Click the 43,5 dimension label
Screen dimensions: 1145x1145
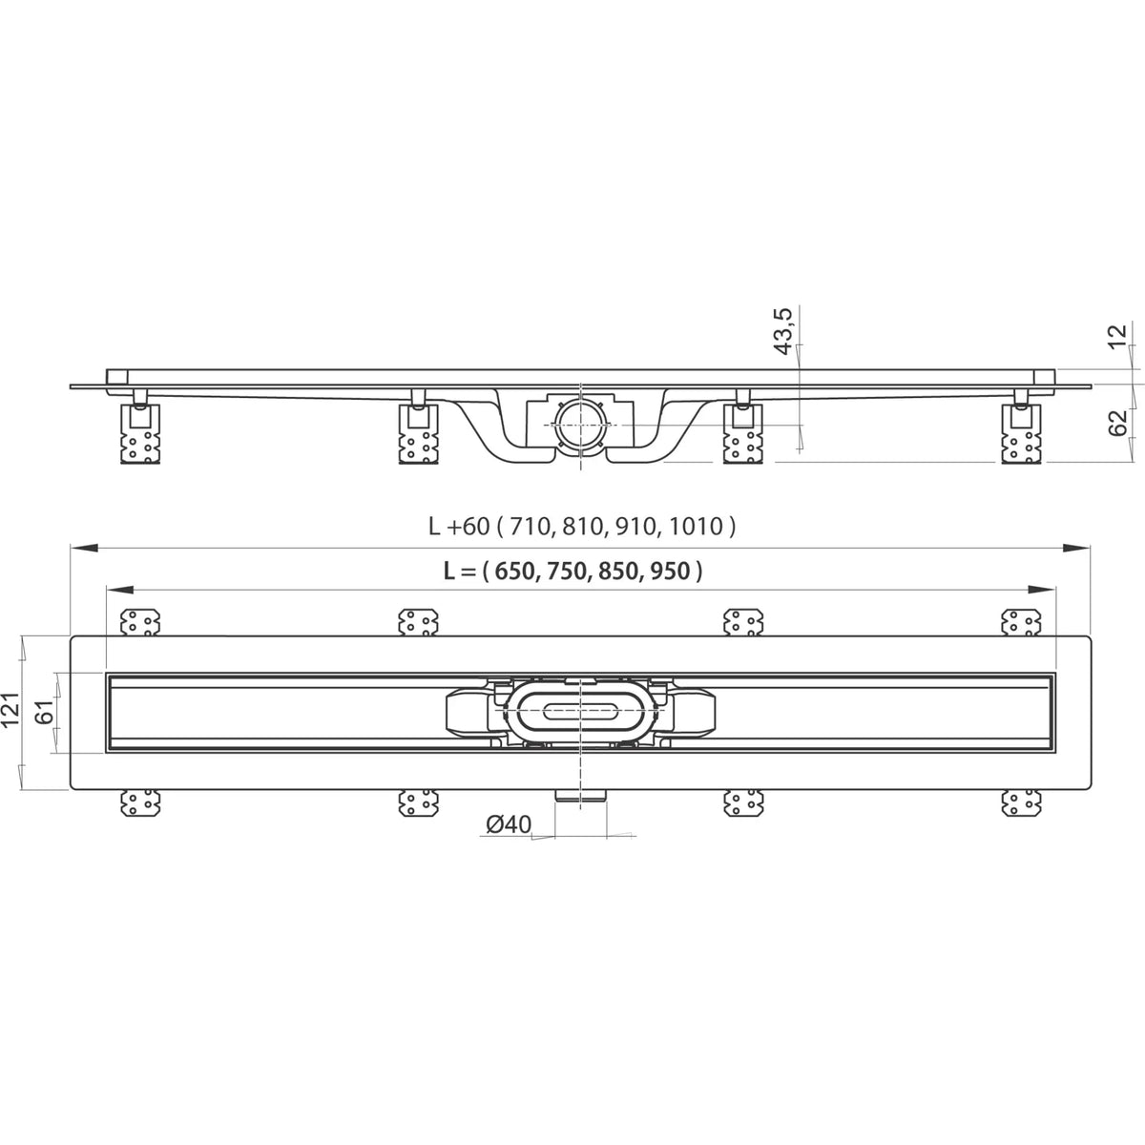click(784, 331)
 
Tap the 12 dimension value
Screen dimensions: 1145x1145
click(1117, 337)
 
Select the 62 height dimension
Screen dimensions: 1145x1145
click(1118, 424)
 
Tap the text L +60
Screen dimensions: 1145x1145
click(459, 527)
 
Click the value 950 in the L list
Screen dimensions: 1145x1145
click(669, 572)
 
